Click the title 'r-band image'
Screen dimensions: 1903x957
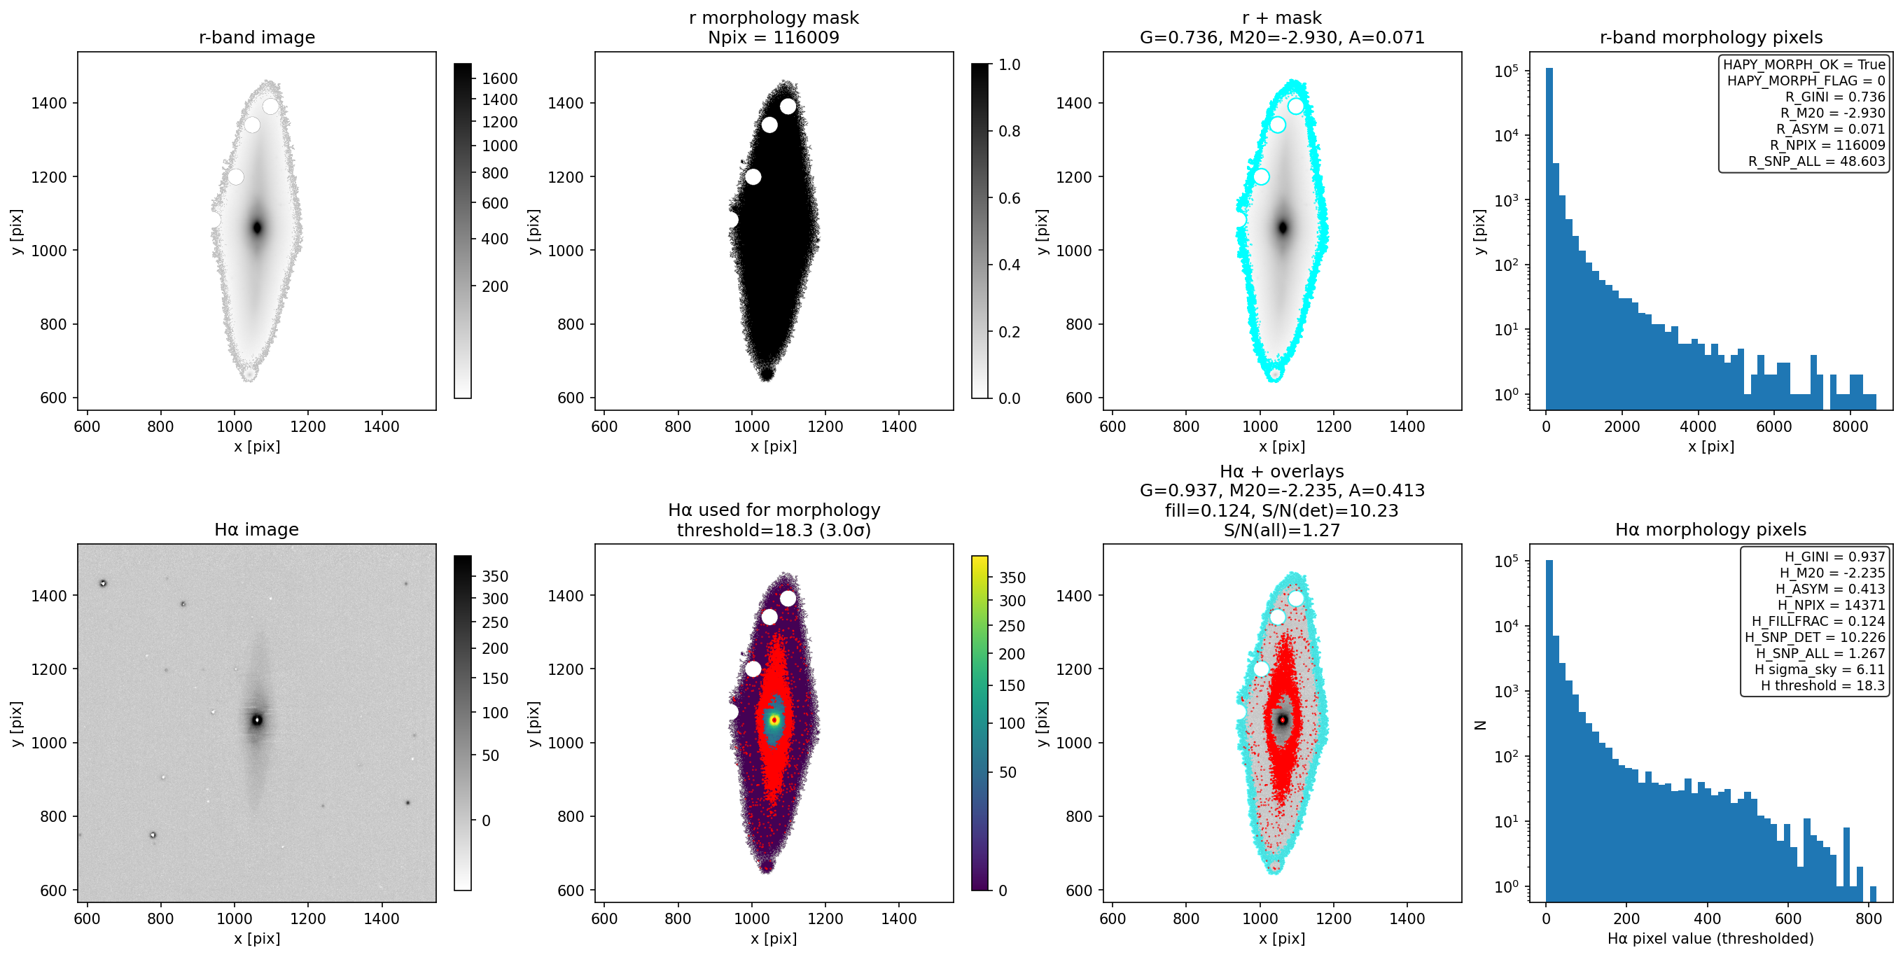coord(256,38)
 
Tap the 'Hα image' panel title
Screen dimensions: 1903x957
coord(256,529)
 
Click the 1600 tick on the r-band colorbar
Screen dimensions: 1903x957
coord(499,79)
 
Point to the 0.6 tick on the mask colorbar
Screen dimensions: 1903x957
coord(1009,198)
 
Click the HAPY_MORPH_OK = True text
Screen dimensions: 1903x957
coord(1804,65)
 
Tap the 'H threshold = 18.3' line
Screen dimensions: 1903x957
coord(1822,685)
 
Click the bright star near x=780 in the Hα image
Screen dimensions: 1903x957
coord(153,835)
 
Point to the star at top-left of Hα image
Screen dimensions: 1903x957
coord(104,583)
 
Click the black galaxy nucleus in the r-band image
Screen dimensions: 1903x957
coord(257,228)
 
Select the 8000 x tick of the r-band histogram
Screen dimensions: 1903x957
coord(1850,427)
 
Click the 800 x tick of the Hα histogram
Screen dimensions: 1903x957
coord(1868,918)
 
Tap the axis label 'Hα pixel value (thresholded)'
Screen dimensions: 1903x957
coord(1710,939)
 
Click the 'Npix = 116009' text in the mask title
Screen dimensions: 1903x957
coord(774,38)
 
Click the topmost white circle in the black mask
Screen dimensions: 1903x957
coord(788,106)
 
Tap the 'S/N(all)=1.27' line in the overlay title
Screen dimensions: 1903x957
coord(1282,530)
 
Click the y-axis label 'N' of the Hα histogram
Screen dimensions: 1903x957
coord(1479,725)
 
